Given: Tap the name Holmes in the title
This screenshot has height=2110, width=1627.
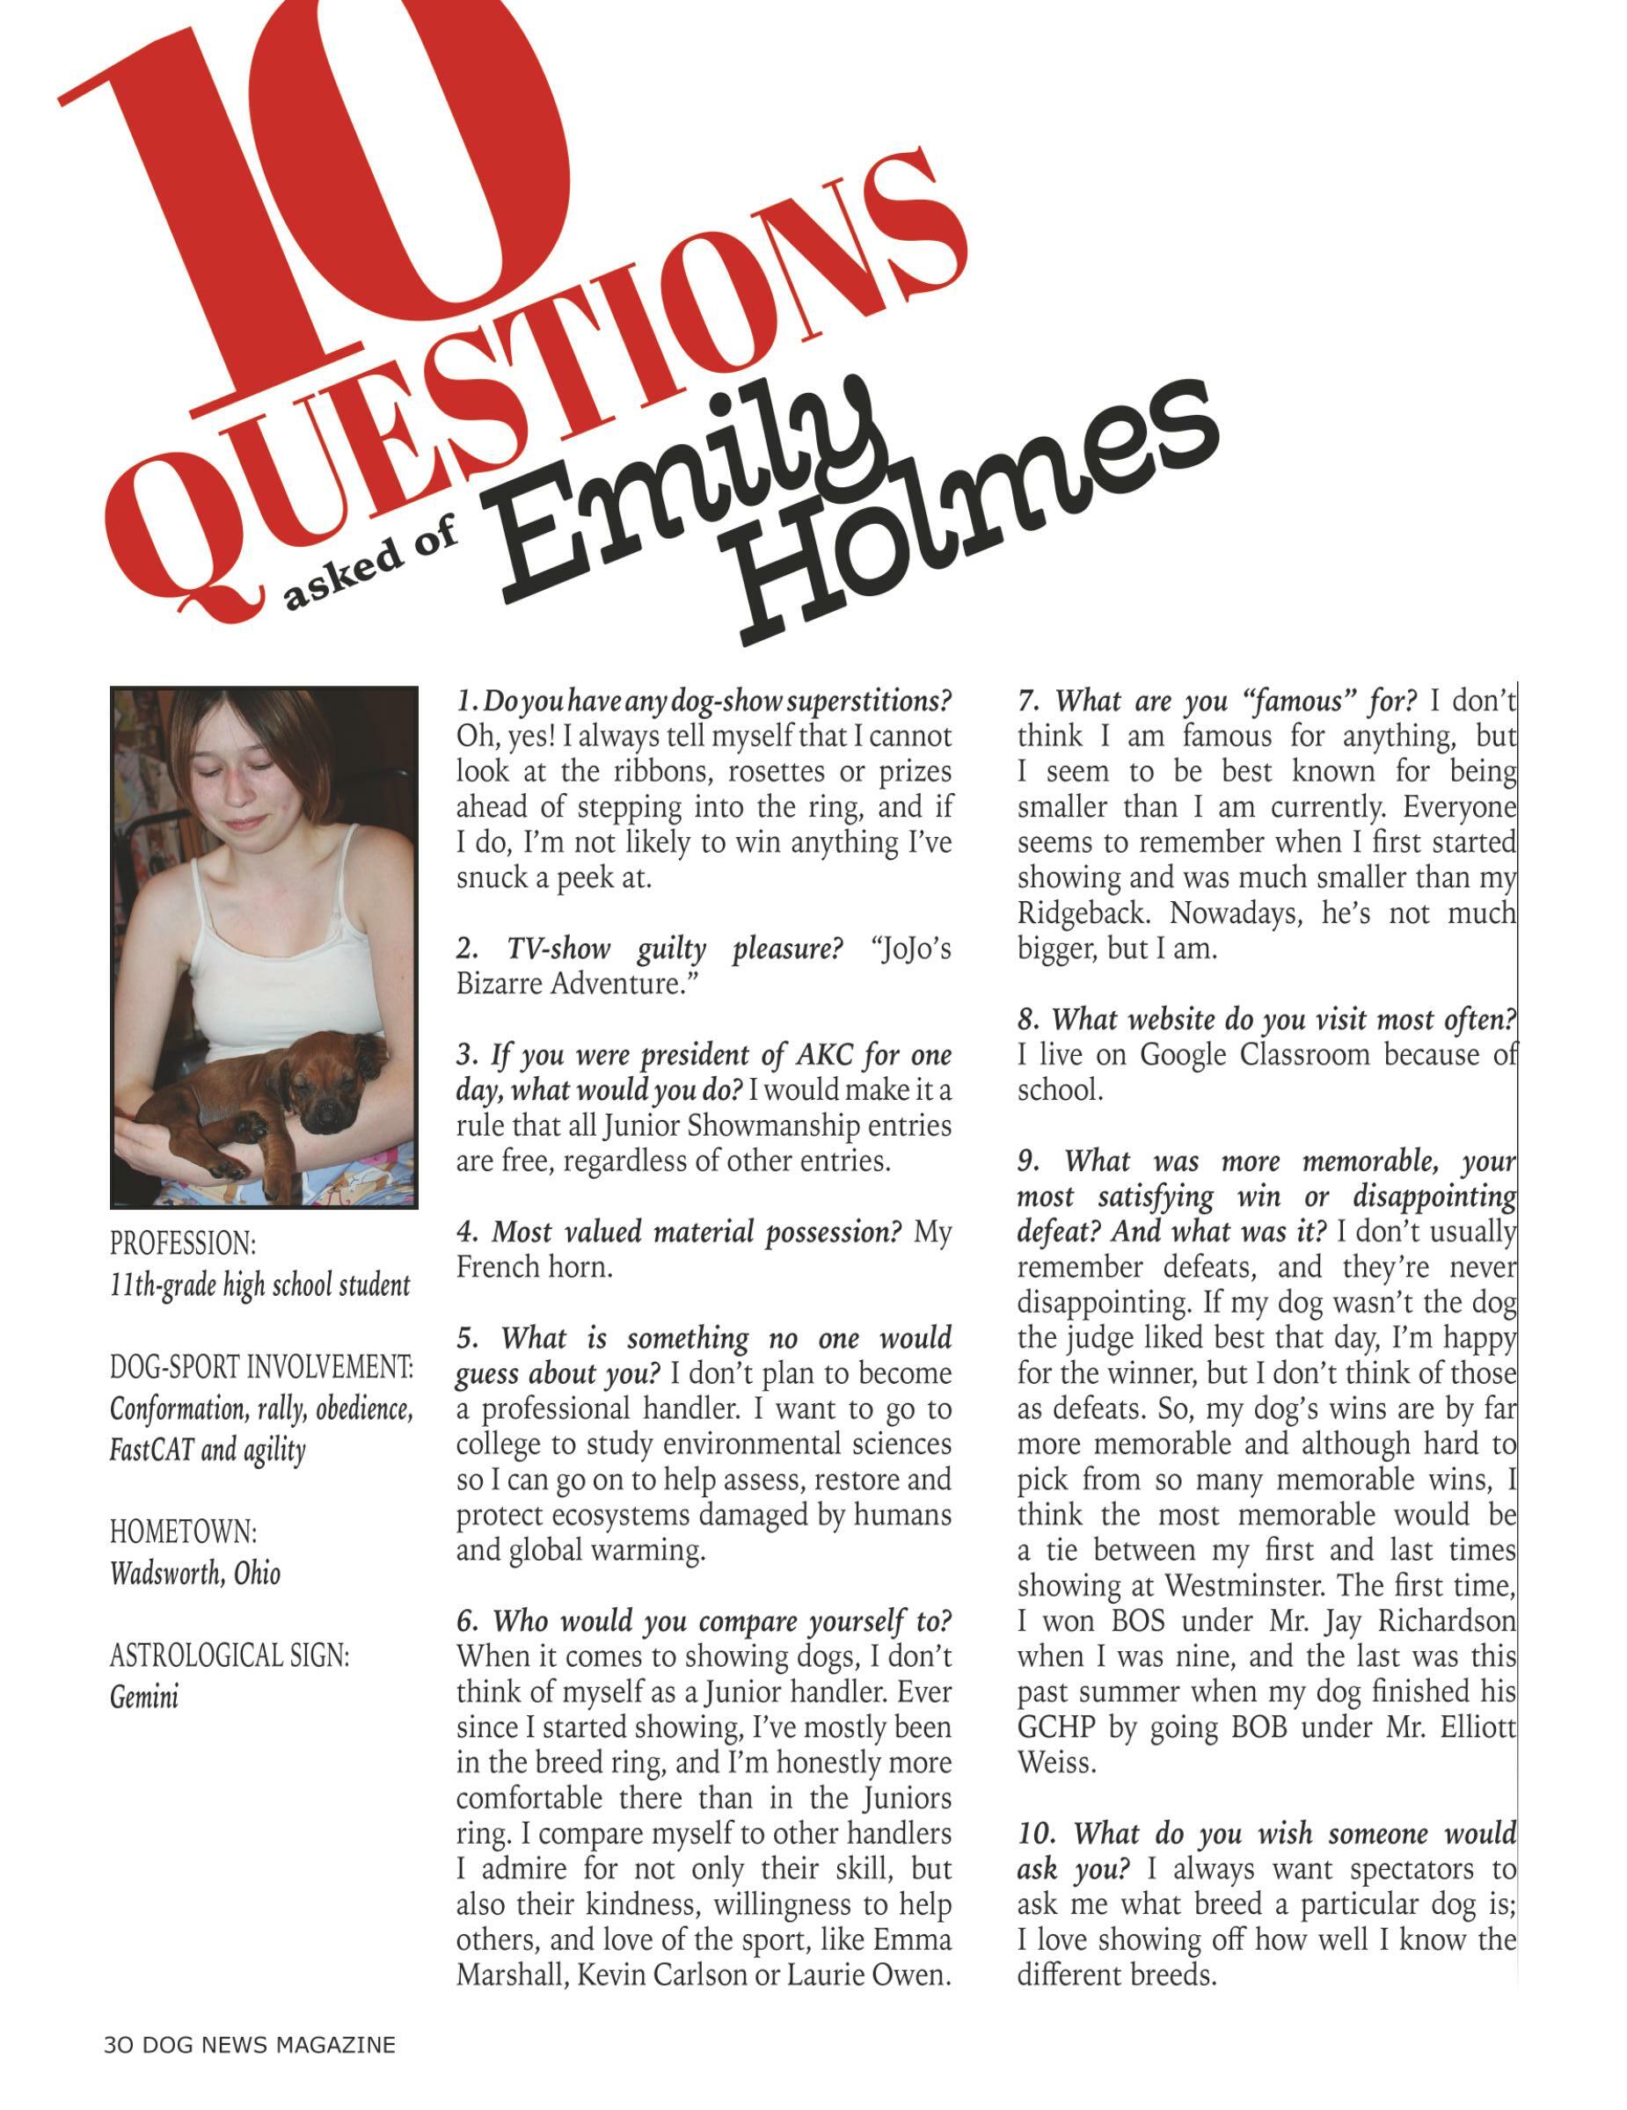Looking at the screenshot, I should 976,512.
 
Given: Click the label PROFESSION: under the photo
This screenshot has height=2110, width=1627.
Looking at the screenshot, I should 183,1242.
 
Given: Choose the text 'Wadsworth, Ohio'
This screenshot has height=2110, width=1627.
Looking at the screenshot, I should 195,1573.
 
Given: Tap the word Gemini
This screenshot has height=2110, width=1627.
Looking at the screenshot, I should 144,1697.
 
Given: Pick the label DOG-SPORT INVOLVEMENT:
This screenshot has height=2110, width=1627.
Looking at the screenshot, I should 261,1367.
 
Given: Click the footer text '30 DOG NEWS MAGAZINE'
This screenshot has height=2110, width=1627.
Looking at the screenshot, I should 249,2044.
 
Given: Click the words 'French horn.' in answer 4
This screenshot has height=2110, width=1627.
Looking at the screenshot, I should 535,1267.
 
